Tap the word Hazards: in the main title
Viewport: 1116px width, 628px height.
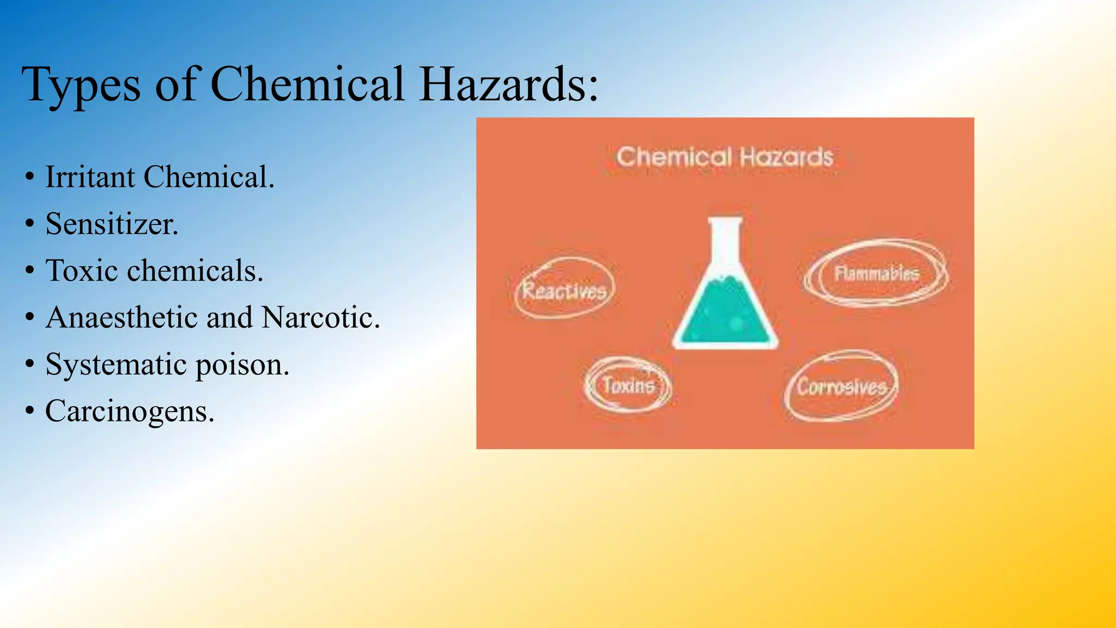[509, 84]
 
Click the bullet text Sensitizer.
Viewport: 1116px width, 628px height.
[112, 224]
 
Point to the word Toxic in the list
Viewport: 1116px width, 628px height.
[82, 271]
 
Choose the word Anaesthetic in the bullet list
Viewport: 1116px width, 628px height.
[121, 317]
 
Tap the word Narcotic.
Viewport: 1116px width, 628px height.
[320, 317]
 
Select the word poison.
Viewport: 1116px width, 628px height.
[242, 365]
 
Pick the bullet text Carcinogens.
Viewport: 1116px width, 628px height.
[130, 411]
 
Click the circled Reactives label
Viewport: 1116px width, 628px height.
[565, 290]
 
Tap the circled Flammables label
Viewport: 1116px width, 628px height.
[876, 273]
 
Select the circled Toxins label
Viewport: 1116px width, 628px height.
[628, 385]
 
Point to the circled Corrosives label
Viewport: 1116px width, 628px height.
[841, 387]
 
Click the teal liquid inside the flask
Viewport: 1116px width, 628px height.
[724, 316]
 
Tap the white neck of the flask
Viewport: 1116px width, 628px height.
[725, 240]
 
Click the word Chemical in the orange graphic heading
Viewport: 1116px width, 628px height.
[674, 158]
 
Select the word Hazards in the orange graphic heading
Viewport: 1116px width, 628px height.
[786, 158]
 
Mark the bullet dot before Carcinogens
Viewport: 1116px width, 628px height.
[30, 411]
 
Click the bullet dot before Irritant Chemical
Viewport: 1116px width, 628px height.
[30, 177]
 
